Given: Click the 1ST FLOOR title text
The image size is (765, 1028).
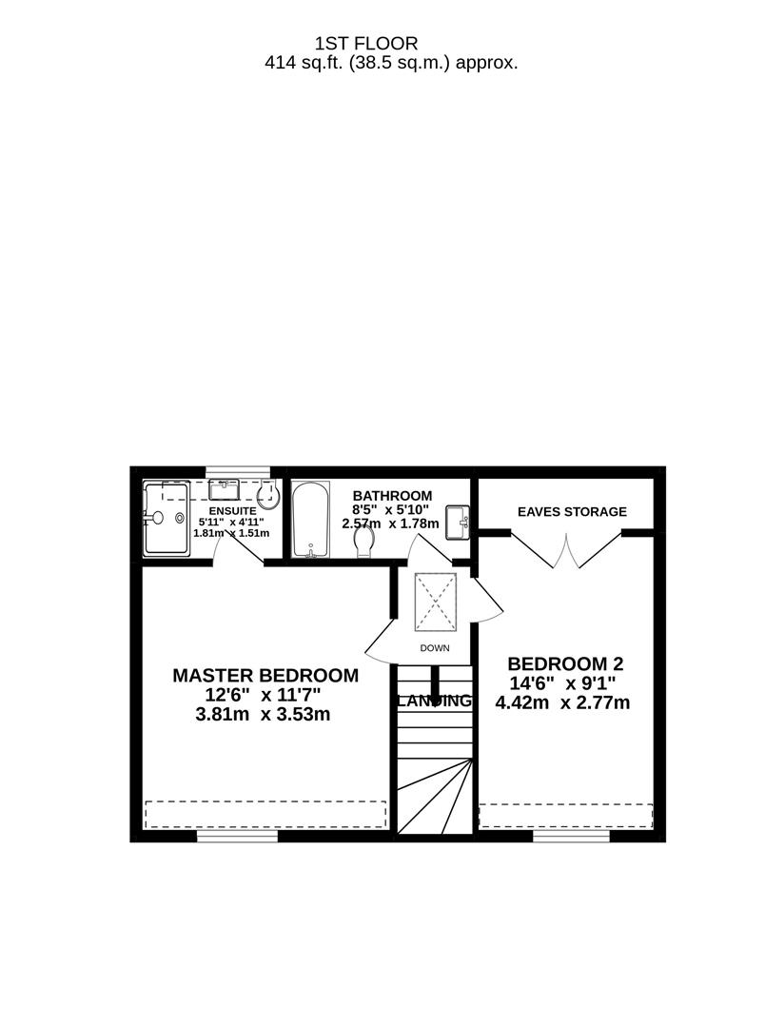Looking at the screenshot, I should [x=366, y=44].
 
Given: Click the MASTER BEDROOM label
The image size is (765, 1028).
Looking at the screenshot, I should [x=265, y=676].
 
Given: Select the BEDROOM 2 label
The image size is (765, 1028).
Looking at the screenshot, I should [x=565, y=663].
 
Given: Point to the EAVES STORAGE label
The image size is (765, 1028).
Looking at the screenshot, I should [x=572, y=512].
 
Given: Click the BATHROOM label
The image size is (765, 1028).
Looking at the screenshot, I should [x=392, y=496].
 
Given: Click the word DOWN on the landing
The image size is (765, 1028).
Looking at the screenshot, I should [x=434, y=648].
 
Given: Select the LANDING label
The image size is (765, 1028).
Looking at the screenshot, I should [x=434, y=702].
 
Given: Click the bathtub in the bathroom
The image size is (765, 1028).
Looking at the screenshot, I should [x=311, y=522].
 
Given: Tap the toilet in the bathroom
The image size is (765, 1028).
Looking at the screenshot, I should [x=363, y=542].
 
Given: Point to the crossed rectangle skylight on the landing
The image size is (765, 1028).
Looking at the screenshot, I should [x=436, y=602].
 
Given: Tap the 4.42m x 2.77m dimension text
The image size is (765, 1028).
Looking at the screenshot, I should [x=563, y=703].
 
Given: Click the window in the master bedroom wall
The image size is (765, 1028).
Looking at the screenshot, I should [x=237, y=837].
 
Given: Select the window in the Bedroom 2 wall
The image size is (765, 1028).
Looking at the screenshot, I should [x=571, y=837].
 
